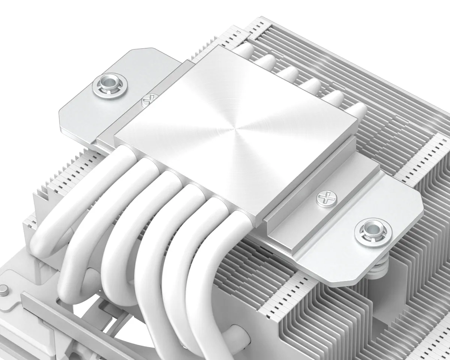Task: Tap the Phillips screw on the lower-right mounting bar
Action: pyautogui.click(x=323, y=197)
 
